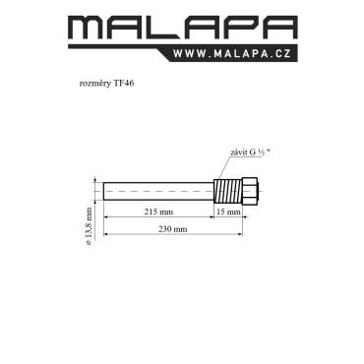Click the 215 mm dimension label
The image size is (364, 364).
(x=158, y=212)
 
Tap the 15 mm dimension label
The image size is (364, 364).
(x=229, y=212)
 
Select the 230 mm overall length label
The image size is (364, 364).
(x=173, y=229)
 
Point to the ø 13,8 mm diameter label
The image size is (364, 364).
(x=88, y=226)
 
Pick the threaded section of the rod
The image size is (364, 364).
(x=227, y=191)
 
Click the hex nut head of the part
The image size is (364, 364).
(x=250, y=191)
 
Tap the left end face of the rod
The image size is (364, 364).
(x=103, y=191)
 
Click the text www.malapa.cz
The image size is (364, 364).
(x=232, y=53)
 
